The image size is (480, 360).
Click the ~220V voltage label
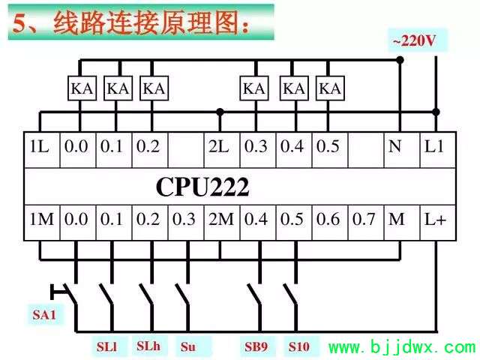tap(414, 40)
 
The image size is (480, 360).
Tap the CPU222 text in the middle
tap(202, 187)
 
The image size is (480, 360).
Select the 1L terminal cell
tap(42, 150)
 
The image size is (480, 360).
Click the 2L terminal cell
tap(222, 150)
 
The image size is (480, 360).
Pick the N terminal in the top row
tap(402, 150)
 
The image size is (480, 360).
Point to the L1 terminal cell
tap(438, 150)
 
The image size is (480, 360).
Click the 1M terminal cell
tap(42, 223)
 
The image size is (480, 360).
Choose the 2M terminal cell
tap(222, 223)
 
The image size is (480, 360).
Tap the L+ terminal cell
tap(438, 223)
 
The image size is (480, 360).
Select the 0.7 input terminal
tap(366, 223)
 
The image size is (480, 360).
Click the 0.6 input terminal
tap(330, 223)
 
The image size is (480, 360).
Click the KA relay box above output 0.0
tap(82, 88)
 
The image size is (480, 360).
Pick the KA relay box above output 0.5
tap(330, 88)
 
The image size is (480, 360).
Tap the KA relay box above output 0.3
tap(254, 88)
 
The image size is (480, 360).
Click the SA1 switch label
tap(44, 315)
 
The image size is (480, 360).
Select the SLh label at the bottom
tap(148, 346)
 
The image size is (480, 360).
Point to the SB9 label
tap(256, 346)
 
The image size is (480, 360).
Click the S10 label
tap(298, 346)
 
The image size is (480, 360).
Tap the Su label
tap(188, 346)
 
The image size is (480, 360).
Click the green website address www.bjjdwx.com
tap(402, 347)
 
